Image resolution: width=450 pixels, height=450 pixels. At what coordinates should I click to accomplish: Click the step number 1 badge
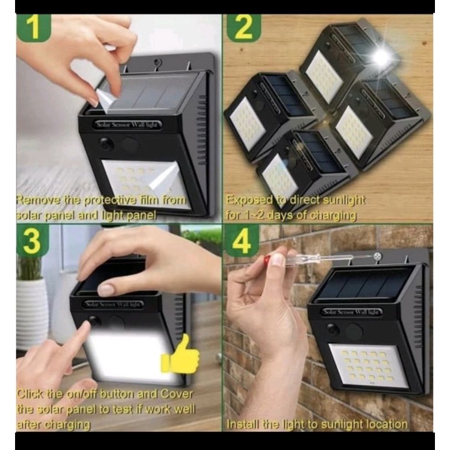coord(34,27)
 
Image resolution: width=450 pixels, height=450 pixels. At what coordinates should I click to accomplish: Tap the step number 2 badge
coord(243,28)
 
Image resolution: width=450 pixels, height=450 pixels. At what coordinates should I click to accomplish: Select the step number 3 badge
coord(33,240)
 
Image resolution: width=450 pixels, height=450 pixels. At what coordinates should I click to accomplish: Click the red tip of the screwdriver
coord(267,260)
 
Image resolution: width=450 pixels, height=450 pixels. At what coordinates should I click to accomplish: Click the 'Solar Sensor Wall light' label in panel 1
coord(129,125)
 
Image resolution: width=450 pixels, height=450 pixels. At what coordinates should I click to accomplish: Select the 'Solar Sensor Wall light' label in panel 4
coord(352,312)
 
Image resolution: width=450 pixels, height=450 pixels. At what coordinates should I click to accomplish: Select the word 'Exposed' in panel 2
coord(249,201)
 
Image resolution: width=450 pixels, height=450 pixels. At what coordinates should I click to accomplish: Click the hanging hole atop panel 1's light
coord(157,62)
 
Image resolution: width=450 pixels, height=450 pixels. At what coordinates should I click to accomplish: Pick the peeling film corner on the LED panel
coord(164,176)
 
